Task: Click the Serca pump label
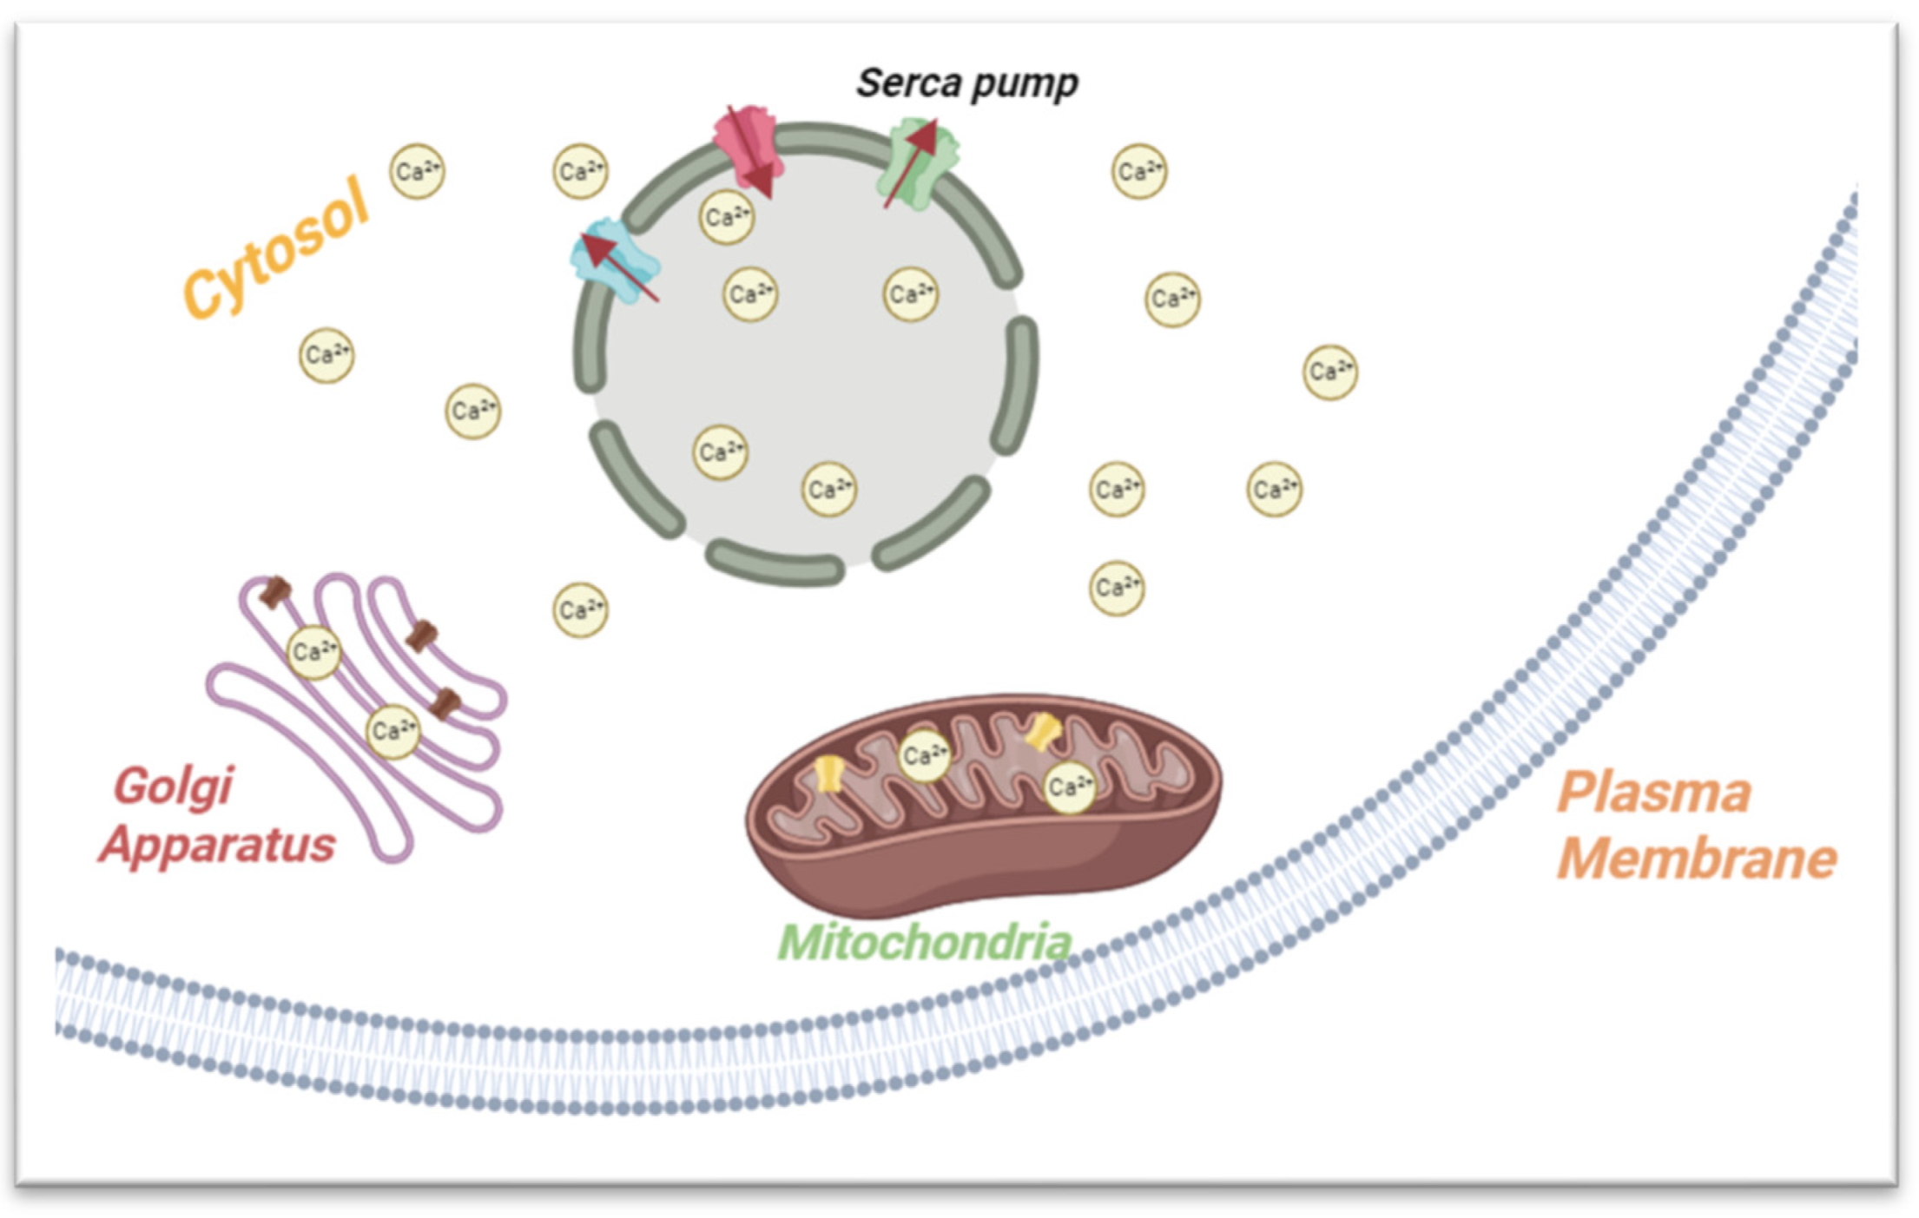click(x=966, y=84)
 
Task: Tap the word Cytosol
click(x=276, y=248)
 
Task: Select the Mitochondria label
click(x=924, y=942)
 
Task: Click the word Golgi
click(x=174, y=787)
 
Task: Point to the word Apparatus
click(x=217, y=845)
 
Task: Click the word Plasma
click(x=1653, y=793)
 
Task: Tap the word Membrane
click(x=1697, y=859)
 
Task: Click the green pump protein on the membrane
click(x=918, y=166)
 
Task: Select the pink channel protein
click(x=745, y=144)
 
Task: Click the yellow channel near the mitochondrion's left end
click(x=829, y=773)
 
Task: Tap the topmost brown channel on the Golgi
click(x=276, y=592)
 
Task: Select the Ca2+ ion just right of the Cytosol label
click(x=417, y=171)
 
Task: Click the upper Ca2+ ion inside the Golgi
click(x=313, y=651)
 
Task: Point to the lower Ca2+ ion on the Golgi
click(x=392, y=731)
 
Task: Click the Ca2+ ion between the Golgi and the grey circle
click(x=580, y=609)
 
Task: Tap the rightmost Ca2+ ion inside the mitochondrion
click(x=1069, y=787)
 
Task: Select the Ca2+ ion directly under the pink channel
click(x=726, y=216)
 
